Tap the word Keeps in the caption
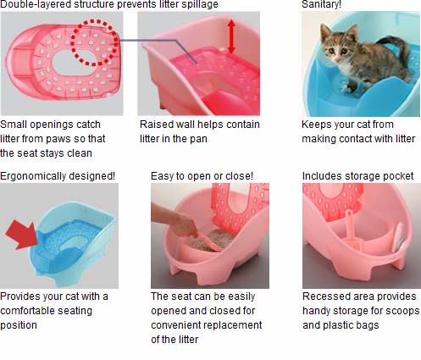click(x=317, y=124)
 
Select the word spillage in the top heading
click(x=197, y=5)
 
